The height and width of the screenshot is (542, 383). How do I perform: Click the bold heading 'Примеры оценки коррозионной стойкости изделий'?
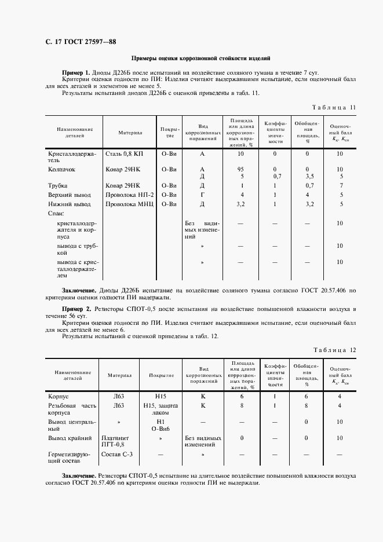coord(200,58)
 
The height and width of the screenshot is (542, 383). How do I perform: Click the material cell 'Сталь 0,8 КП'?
coord(124,153)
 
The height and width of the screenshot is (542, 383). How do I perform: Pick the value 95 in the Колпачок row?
coord(239,169)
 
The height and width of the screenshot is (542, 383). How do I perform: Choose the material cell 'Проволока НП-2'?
coord(129,195)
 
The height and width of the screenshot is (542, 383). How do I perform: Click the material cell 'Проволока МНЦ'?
coord(129,204)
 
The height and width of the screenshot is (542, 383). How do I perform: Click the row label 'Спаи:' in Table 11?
coord(55,214)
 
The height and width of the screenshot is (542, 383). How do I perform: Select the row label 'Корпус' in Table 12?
coord(59,396)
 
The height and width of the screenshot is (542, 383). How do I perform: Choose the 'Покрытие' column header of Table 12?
coord(161,375)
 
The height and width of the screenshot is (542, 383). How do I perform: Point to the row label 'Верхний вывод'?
coord(69,195)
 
